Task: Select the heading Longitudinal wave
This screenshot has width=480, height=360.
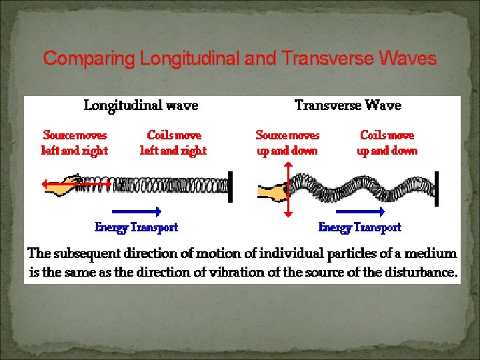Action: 141,105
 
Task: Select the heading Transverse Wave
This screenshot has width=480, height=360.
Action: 348,105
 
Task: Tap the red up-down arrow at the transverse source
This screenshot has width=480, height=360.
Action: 288,190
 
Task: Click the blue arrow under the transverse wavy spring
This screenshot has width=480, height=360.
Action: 361,211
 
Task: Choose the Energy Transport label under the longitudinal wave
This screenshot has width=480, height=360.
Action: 137,227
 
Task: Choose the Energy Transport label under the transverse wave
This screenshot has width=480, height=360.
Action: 360,227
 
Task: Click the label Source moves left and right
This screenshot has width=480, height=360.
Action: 75,143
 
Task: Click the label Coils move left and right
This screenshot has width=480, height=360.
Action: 173,143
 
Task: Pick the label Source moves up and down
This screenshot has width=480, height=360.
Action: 288,143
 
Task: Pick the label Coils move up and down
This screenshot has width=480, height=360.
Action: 387,143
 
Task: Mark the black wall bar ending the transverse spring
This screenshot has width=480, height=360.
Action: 437,189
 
